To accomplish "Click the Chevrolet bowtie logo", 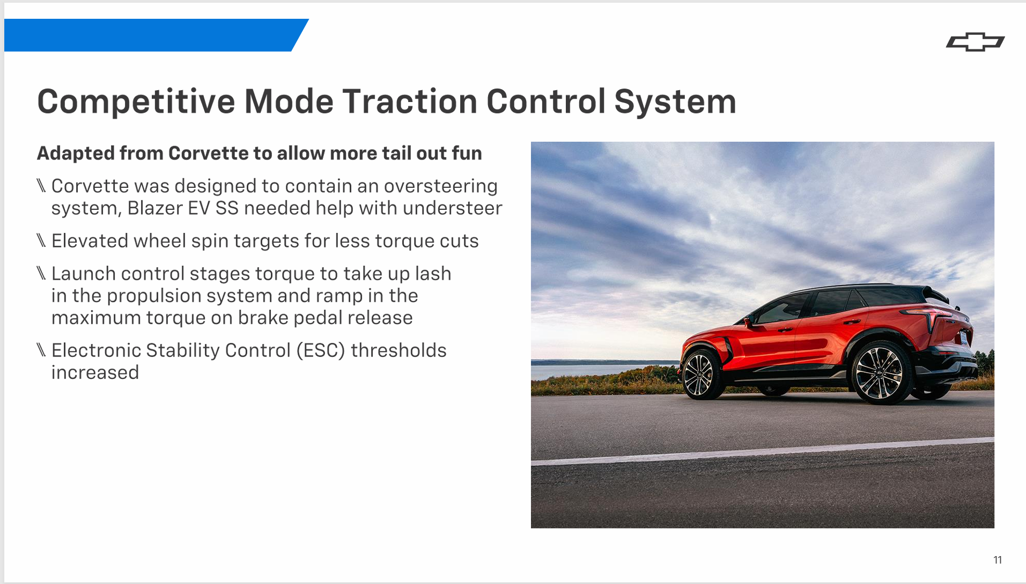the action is (975, 42).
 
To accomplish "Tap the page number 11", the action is (998, 560).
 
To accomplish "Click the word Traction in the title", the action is (410, 101).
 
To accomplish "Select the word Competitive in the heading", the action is (136, 102).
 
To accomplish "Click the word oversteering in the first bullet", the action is (440, 186).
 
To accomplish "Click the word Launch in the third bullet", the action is (84, 274).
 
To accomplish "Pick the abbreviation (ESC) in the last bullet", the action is (320, 351).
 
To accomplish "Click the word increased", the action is (95, 373).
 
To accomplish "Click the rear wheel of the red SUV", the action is (880, 373).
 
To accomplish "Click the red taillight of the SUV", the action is (930, 314).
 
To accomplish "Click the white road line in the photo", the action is (762, 450).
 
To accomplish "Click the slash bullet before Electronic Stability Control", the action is (41, 351).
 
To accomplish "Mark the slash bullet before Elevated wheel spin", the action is (41, 240).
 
